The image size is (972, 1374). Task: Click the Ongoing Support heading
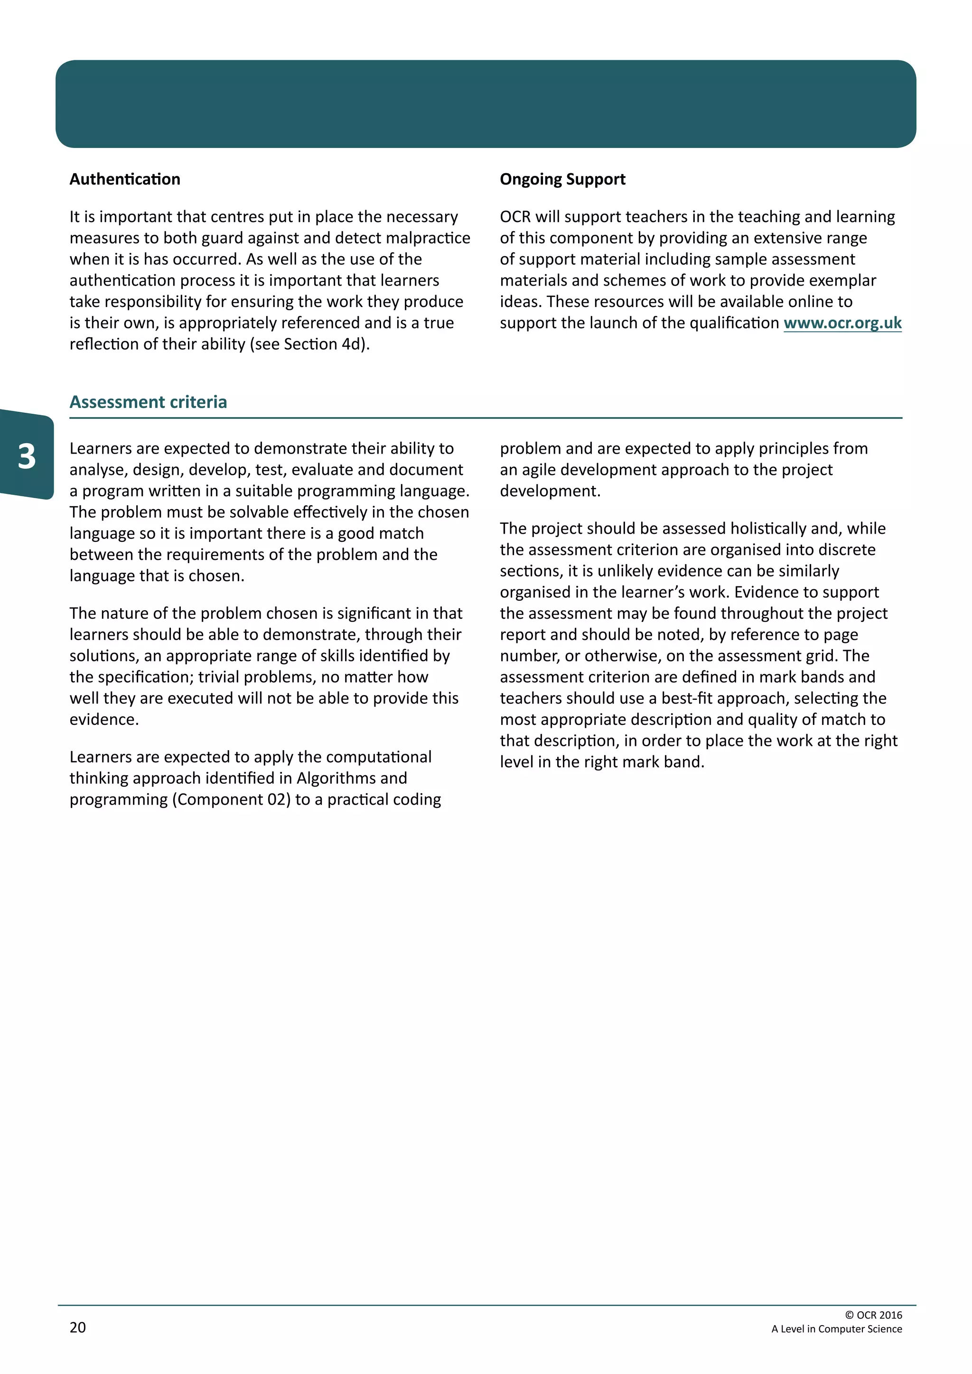(x=562, y=179)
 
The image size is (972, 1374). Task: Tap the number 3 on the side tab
(x=26, y=456)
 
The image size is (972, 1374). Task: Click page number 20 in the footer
(x=78, y=1328)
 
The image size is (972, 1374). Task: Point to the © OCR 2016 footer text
(x=873, y=1315)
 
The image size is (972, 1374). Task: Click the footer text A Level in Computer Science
(x=836, y=1328)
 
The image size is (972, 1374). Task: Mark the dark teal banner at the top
(x=486, y=103)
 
